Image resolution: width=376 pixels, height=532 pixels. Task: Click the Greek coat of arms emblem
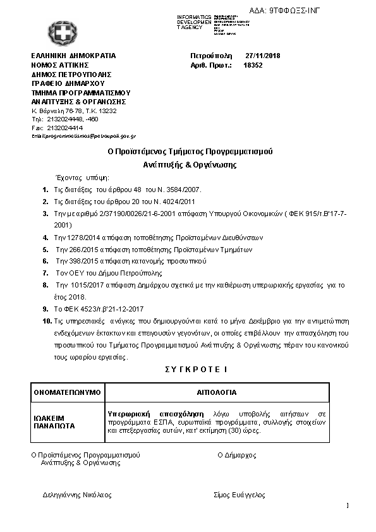click(60, 32)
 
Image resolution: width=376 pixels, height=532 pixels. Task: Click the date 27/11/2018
click(263, 56)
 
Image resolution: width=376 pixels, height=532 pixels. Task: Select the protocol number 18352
click(253, 65)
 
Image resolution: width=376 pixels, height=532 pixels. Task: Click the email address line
click(83, 136)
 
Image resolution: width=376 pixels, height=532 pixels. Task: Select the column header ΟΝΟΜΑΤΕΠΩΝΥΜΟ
click(67, 392)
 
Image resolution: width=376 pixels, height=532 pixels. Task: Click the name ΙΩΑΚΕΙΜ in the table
click(49, 418)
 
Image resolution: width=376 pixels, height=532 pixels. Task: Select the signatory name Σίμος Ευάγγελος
click(239, 495)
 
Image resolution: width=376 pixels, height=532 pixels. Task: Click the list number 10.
click(46, 321)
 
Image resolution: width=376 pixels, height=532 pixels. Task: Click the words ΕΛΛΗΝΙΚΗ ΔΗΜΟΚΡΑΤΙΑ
click(73, 56)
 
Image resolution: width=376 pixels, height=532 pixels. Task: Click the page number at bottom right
click(348, 505)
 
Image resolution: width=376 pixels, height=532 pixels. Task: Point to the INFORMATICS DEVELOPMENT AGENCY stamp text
click(195, 22)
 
